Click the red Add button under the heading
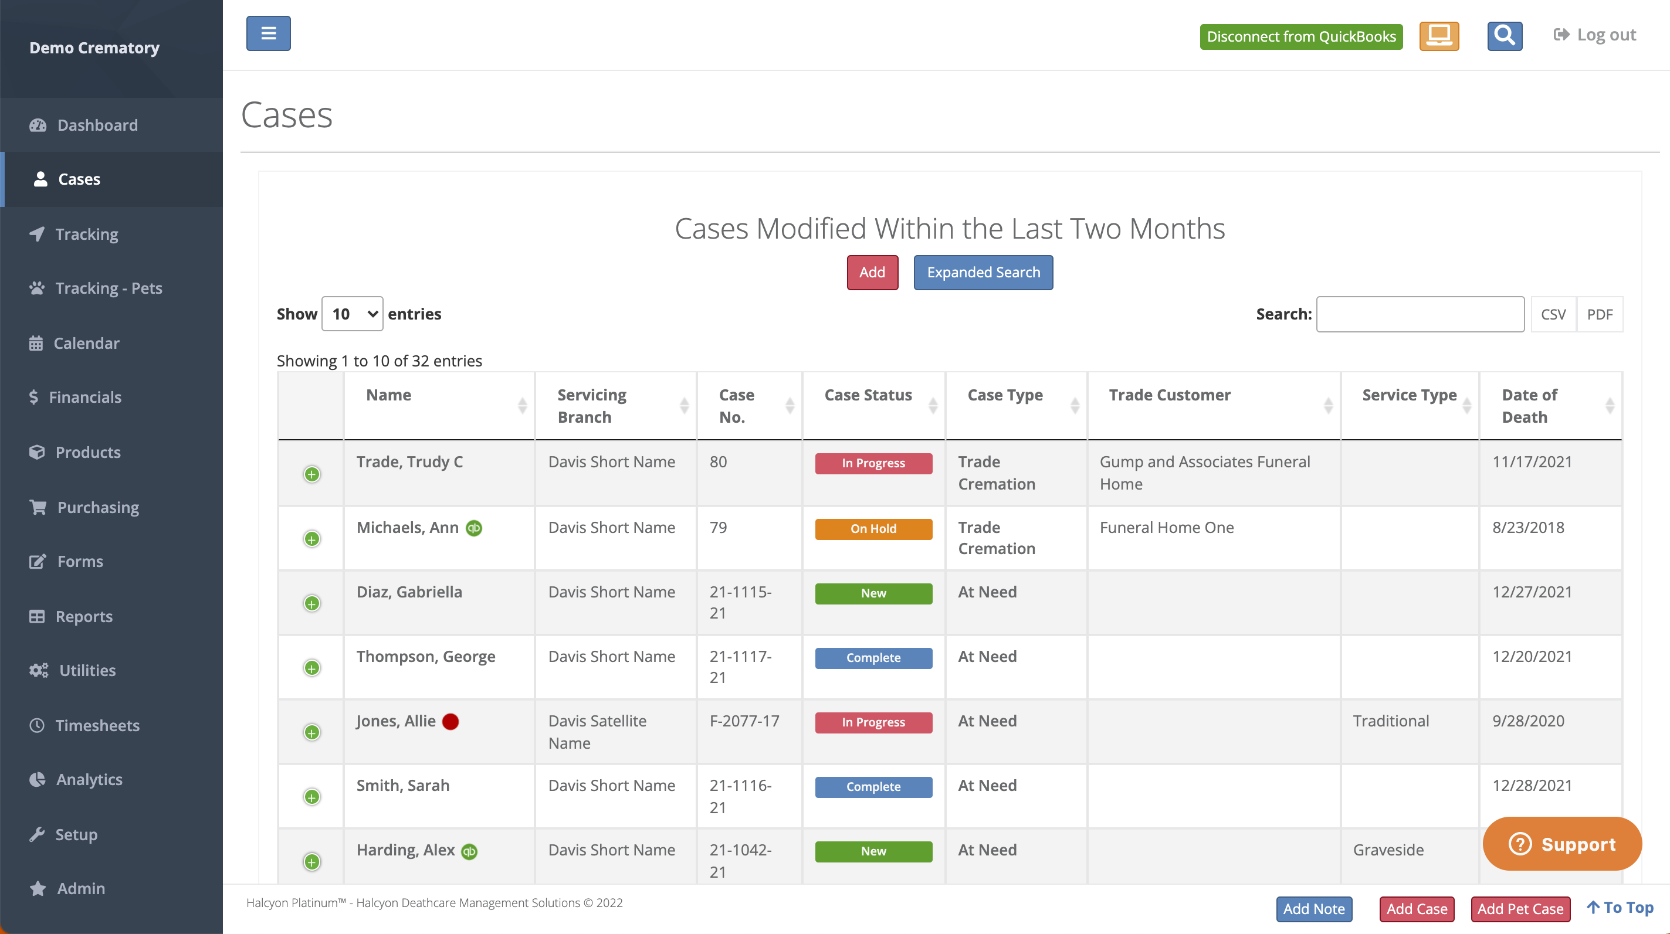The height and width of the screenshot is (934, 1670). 872,272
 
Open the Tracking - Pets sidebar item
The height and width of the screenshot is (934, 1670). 109,288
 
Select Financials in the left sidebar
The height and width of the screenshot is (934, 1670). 85,398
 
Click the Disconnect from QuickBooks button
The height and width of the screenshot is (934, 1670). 1300,36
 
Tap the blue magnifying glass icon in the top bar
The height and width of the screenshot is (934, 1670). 1504,36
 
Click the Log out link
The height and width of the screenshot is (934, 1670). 1596,35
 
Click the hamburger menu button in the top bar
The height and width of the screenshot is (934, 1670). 269,33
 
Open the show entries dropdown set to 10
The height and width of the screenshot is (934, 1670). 352,314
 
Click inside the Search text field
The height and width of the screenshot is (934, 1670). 1420,314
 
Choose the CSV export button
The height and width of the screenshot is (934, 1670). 1553,314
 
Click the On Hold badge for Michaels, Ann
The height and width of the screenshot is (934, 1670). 873,529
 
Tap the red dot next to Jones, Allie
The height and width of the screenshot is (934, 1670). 450,721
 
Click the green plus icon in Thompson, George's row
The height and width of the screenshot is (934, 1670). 312,668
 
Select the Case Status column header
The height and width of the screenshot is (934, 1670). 868,395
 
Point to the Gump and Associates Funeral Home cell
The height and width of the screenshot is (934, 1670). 1204,473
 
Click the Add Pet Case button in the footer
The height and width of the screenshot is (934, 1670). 1520,909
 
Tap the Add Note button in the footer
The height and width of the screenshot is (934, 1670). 1313,909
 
